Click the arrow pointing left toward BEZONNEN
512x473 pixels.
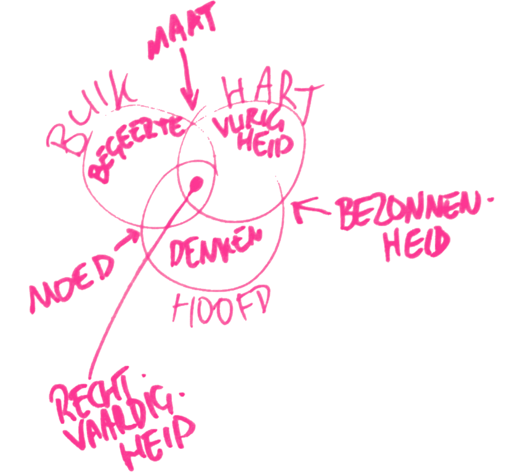pos(312,209)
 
